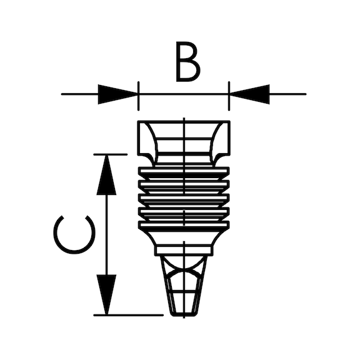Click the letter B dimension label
(187, 61)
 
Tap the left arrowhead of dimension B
(118, 94)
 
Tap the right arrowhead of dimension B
(249, 94)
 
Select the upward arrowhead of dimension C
(106, 175)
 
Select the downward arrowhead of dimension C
(106, 294)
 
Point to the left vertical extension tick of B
(138, 96)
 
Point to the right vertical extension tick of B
(229, 96)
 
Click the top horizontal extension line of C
(110, 154)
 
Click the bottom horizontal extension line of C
(129, 315)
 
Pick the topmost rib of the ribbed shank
(184, 171)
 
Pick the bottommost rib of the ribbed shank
(184, 225)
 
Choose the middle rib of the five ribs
(184, 197)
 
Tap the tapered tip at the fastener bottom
(184, 286)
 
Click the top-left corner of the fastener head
(137, 121)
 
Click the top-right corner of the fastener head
(230, 121)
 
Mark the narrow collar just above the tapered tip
(184, 251)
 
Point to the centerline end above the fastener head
(184, 117)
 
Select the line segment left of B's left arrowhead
(79, 94)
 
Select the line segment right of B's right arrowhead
(287, 94)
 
